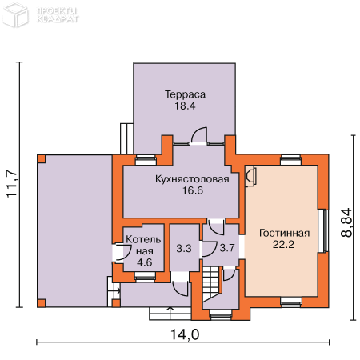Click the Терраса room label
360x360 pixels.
point(185,94)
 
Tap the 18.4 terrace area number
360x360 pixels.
point(185,106)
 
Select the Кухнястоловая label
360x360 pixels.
point(192,179)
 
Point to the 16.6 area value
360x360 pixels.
point(193,190)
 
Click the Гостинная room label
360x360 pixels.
point(284,233)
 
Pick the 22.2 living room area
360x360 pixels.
point(283,244)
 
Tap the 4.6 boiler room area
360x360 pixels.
point(145,262)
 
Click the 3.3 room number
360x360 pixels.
point(184,248)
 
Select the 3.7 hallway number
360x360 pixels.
point(227,248)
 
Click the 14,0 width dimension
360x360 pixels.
point(185,334)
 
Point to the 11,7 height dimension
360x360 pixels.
point(12,184)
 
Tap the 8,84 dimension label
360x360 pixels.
point(346,222)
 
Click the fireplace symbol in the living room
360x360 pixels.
point(250,176)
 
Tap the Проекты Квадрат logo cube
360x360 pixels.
point(15,15)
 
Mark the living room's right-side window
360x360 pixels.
point(323,230)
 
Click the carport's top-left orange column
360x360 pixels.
point(42,159)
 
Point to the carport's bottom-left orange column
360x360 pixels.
point(42,303)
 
